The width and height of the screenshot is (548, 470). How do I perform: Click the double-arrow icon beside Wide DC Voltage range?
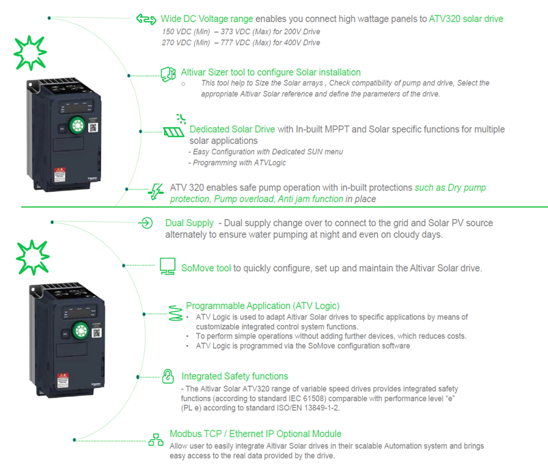click(146, 19)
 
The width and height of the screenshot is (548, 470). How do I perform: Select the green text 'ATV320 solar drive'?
click(466, 18)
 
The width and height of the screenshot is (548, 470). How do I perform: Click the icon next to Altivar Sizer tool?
click(169, 73)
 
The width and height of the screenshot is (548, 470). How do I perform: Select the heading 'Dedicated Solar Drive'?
click(232, 129)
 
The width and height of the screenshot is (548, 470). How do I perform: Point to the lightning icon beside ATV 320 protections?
click(156, 193)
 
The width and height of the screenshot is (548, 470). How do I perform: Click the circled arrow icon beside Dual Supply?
click(146, 223)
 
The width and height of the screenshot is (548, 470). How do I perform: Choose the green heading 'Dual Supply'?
click(189, 223)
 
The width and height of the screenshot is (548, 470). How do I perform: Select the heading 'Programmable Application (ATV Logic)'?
click(262, 306)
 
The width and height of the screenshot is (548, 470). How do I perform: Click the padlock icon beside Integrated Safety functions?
click(167, 376)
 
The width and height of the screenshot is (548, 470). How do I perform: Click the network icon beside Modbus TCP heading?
click(156, 438)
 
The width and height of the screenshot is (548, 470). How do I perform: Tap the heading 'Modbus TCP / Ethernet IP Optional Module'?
click(255, 434)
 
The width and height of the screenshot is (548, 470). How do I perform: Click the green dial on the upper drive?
click(77, 126)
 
